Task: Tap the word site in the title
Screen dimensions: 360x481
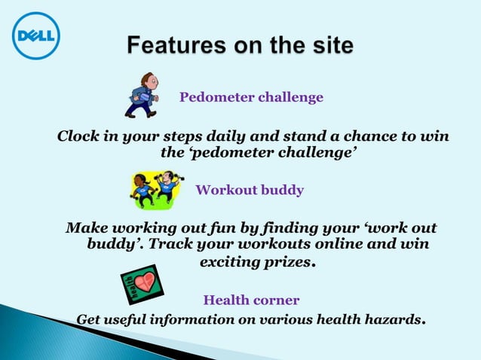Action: (328, 47)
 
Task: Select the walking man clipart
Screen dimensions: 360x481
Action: (141, 96)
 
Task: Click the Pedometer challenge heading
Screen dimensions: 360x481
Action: (251, 98)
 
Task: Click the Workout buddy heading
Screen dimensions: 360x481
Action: (250, 190)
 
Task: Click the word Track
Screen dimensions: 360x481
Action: (170, 245)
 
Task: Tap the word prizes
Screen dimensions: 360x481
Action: (287, 263)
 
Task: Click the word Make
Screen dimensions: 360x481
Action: (84, 228)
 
